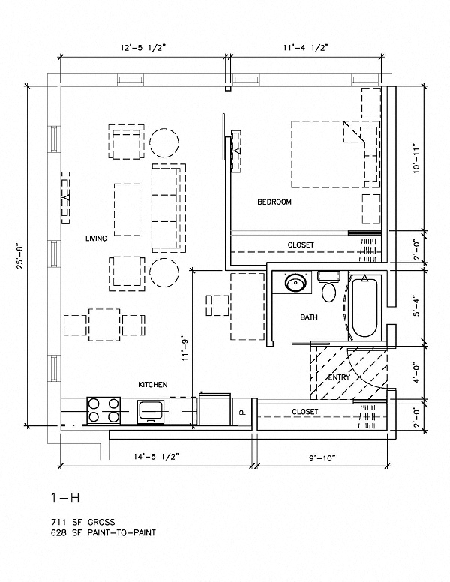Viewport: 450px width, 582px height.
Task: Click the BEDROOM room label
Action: coord(274,202)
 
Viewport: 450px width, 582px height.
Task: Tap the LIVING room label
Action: coord(96,238)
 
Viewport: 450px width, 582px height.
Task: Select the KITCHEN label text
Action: coord(152,385)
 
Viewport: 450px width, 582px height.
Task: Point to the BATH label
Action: coord(309,317)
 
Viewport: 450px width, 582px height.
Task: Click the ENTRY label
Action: coord(340,376)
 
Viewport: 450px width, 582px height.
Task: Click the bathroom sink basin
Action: coord(295,284)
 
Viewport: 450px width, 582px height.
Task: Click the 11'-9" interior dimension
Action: coord(185,348)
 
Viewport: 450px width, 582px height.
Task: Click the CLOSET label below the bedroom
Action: coord(301,245)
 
